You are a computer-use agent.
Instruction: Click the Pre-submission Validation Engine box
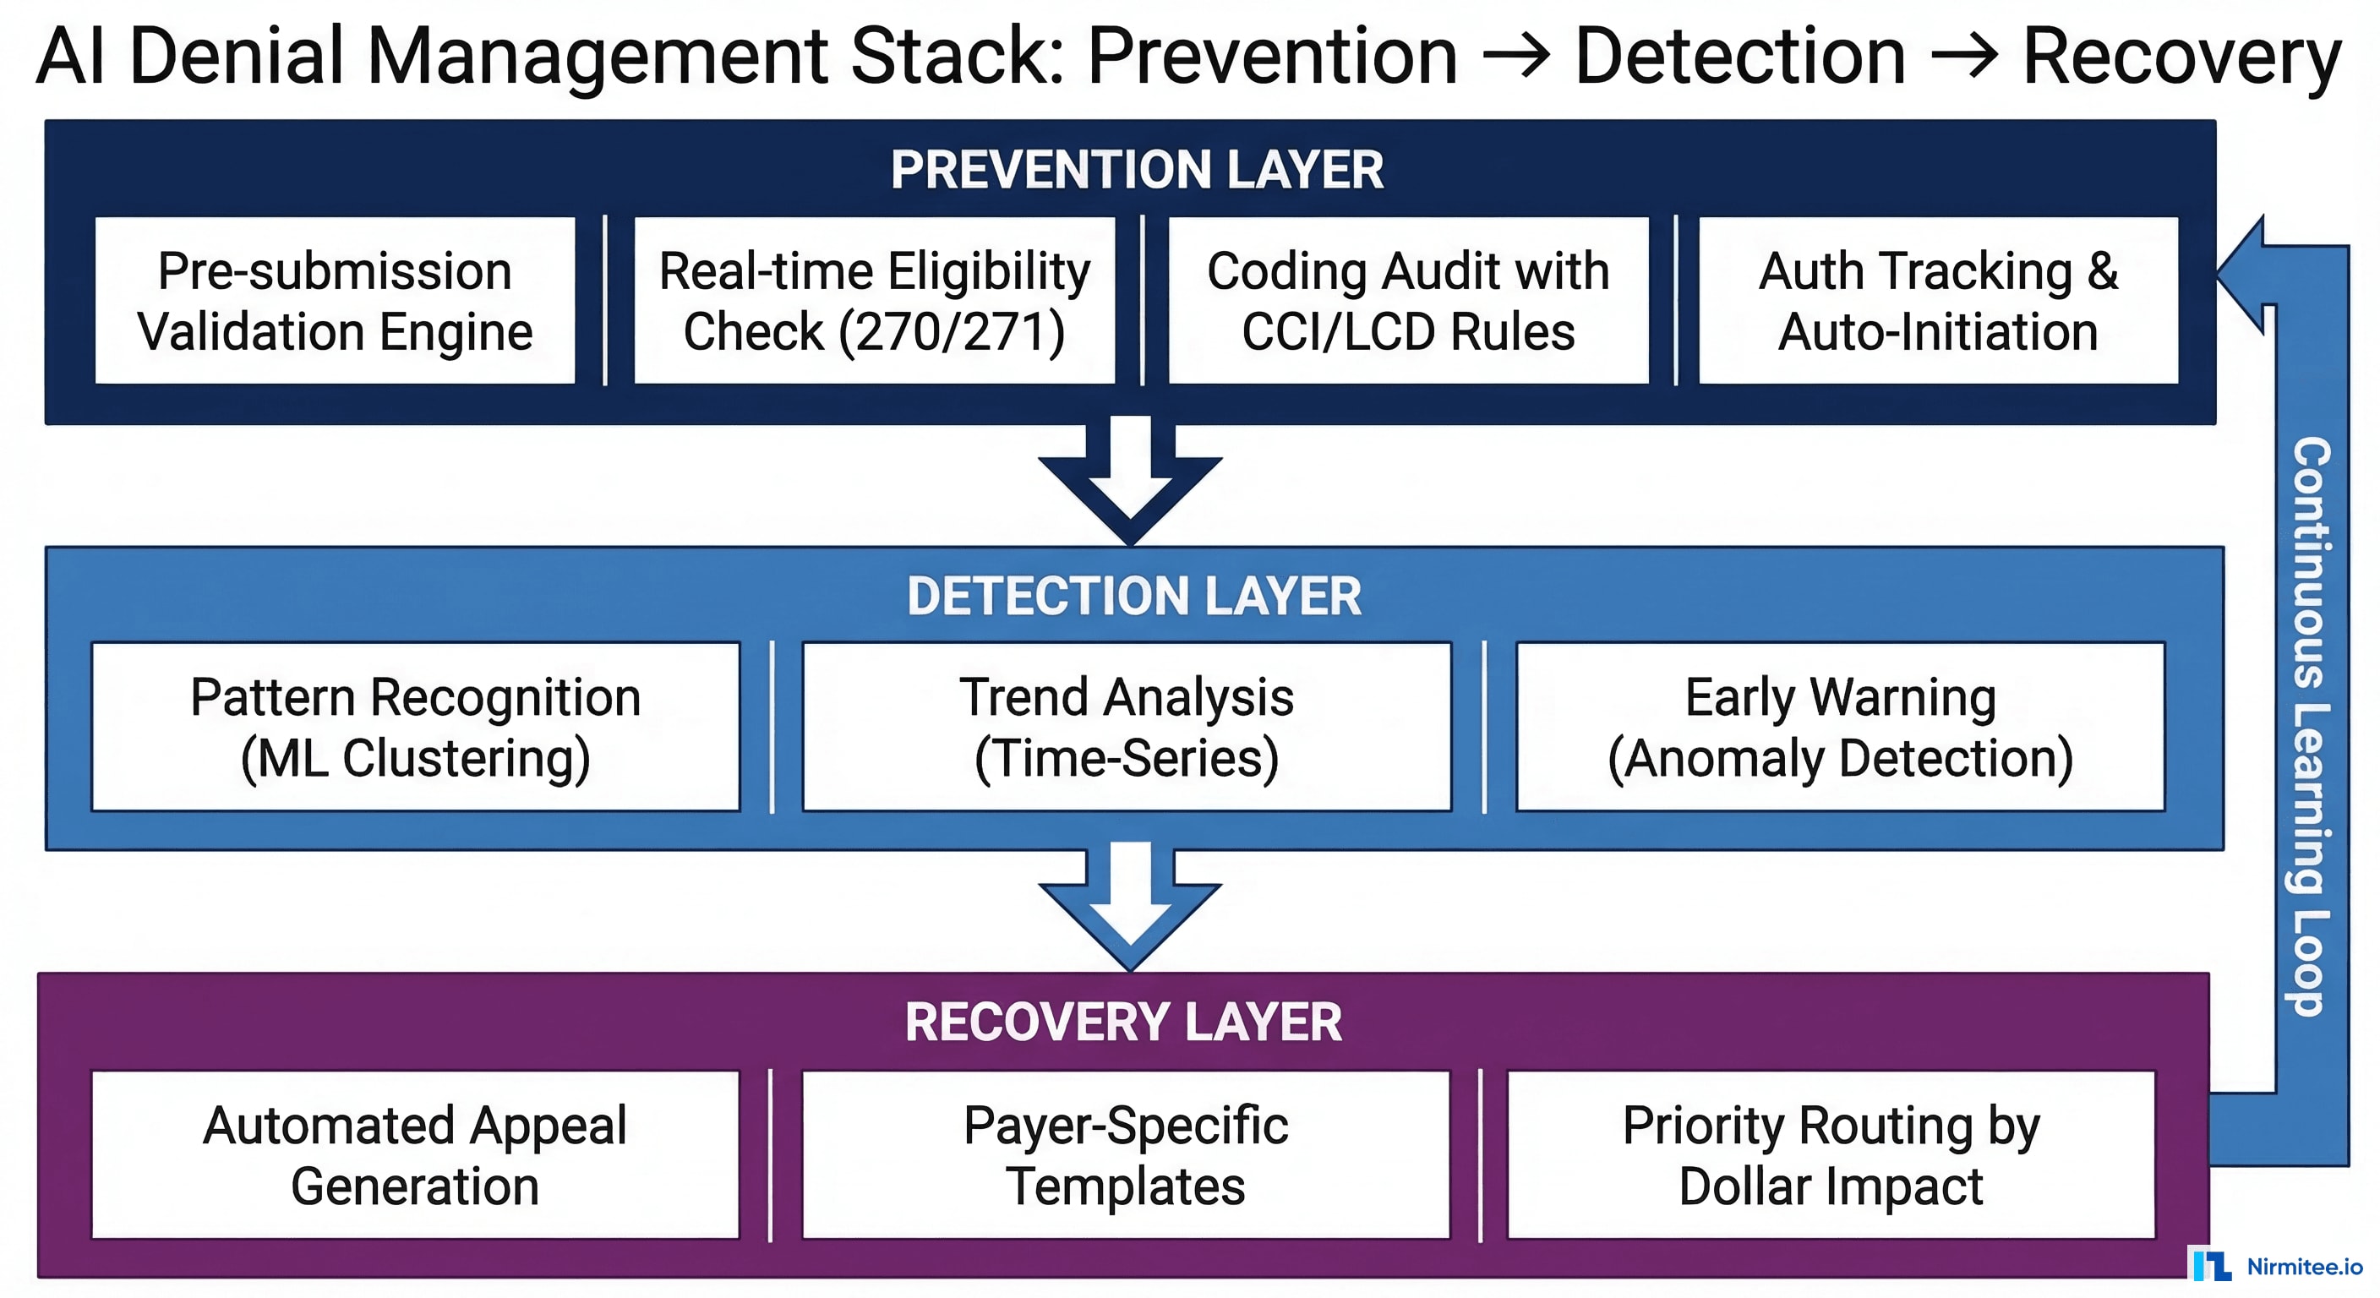[335, 300]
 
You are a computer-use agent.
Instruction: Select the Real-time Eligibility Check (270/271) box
[874, 300]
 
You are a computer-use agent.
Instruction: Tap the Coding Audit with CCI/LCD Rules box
[1408, 300]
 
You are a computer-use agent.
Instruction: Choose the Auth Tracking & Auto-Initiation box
[1938, 300]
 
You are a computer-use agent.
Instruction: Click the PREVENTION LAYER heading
[1137, 170]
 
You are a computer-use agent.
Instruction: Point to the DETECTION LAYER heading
[1133, 596]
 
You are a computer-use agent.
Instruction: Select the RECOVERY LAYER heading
[1122, 1023]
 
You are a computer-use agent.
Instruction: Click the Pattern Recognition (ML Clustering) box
[416, 727]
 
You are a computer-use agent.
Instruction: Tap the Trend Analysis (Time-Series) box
[1127, 727]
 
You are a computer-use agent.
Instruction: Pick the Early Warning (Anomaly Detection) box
[1839, 727]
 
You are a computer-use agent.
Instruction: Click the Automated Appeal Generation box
[415, 1155]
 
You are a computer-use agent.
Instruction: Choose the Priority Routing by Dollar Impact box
[1831, 1155]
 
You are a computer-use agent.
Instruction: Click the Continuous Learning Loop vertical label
[2311, 725]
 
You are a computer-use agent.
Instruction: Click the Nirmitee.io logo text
[2303, 1267]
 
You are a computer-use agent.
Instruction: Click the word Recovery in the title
[2181, 57]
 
